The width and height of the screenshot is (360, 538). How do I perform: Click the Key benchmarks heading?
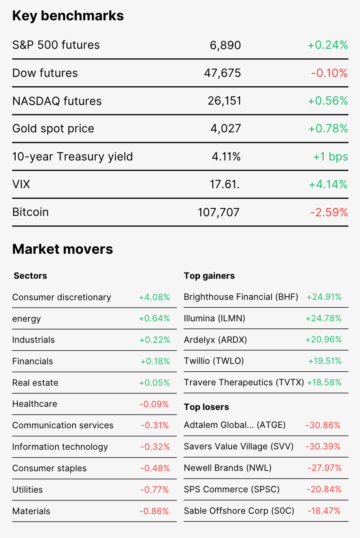(68, 16)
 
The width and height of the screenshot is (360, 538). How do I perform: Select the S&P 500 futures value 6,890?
(225, 45)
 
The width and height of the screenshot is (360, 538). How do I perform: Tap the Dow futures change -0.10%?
(329, 73)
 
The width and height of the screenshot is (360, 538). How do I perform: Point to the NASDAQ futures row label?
(57, 101)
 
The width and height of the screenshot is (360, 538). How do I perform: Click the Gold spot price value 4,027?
(226, 128)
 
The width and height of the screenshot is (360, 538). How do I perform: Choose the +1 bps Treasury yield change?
(331, 157)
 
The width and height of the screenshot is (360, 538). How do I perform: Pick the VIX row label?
(21, 184)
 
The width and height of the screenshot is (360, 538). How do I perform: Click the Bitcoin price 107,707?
(219, 212)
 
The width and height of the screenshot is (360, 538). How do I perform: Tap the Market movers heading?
(63, 249)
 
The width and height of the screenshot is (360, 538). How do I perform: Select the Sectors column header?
(30, 276)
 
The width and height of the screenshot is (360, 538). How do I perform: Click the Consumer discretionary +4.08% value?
(154, 298)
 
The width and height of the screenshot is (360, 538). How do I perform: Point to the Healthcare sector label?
(35, 404)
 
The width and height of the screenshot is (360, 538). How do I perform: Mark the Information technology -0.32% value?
(155, 447)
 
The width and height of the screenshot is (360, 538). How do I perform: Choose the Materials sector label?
(31, 511)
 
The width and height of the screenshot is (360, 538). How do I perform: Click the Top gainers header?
(209, 276)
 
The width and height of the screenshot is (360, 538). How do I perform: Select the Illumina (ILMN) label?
(214, 319)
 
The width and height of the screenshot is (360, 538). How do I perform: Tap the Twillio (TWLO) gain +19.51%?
(325, 361)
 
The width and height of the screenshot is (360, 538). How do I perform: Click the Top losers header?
(206, 407)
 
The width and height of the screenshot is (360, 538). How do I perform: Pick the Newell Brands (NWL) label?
(228, 468)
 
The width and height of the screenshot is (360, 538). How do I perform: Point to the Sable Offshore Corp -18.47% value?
(324, 511)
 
